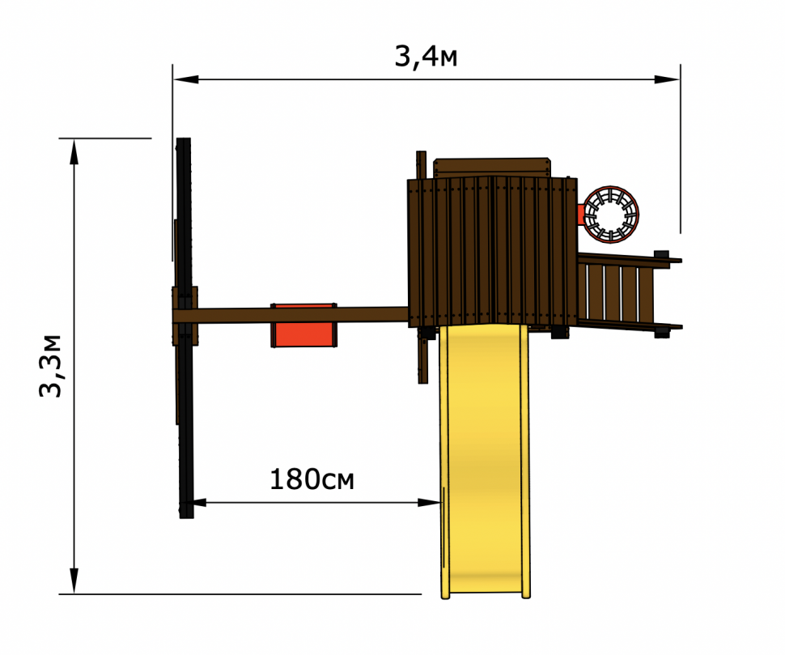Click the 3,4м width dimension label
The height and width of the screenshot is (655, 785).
coord(426,57)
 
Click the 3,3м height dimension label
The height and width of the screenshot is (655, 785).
coord(50,366)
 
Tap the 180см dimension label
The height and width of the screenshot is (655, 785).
coord(312,479)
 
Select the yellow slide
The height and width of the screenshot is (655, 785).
coord(485,461)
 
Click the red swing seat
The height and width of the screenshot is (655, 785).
coord(304,325)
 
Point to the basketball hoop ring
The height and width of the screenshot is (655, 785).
coord(611,215)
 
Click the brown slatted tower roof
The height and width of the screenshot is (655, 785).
coord(492,251)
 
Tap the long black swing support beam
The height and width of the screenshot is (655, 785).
coord(185,328)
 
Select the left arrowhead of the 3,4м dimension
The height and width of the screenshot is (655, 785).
coord(185,79)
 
